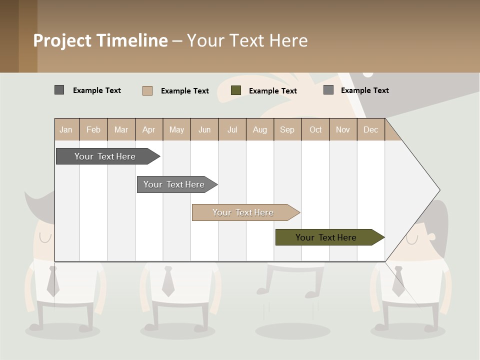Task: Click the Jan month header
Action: pyautogui.click(x=66, y=129)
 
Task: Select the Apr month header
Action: pyautogui.click(x=149, y=129)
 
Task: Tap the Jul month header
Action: pyautogui.click(x=232, y=129)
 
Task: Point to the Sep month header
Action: pyautogui.click(x=287, y=129)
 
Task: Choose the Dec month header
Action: pyautogui.click(x=370, y=129)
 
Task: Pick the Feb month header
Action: pyautogui.click(x=93, y=129)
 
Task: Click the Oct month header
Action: pyautogui.click(x=315, y=129)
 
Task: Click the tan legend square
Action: pyautogui.click(x=147, y=90)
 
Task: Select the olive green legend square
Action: pyautogui.click(x=236, y=90)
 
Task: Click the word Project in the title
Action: pyautogui.click(x=63, y=40)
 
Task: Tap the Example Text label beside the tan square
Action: pyautogui.click(x=185, y=91)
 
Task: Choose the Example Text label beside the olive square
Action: pyautogui.click(x=273, y=91)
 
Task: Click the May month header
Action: pyautogui.click(x=176, y=129)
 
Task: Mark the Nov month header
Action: pyautogui.click(x=343, y=129)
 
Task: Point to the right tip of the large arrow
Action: pyautogui.click(x=439, y=190)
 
